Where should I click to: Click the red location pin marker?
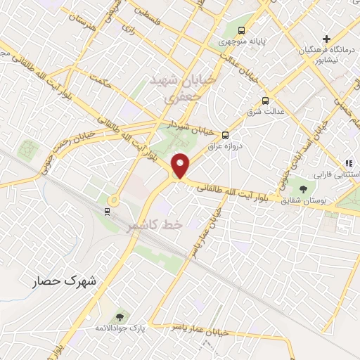click(x=181, y=165)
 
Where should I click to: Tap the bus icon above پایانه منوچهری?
click(x=241, y=30)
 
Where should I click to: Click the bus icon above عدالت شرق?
click(x=265, y=100)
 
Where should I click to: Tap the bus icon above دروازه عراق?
click(x=225, y=135)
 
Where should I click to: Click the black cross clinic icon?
click(x=326, y=38)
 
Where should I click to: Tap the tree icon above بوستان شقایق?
click(x=303, y=188)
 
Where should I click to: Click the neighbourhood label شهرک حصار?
click(x=67, y=281)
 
